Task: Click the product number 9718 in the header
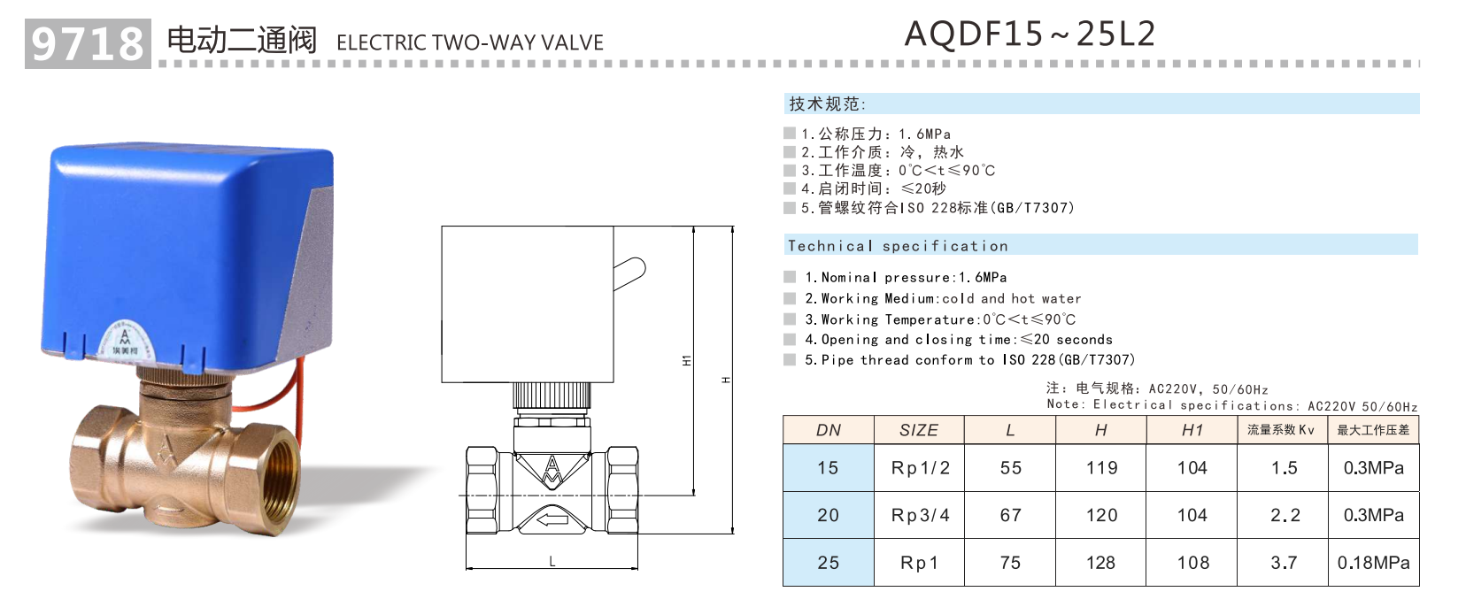click(x=87, y=43)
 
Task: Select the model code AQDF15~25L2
click(x=1030, y=35)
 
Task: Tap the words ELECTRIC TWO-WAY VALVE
click(x=469, y=42)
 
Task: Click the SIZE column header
click(x=918, y=430)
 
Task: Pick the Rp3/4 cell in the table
click(x=920, y=515)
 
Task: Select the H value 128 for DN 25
click(x=1100, y=563)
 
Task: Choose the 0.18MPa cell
click(x=1373, y=563)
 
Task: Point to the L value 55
click(x=1010, y=468)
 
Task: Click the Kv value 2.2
click(x=1285, y=515)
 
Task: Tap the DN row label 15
click(x=828, y=468)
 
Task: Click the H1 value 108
click(x=1192, y=563)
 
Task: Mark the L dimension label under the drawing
click(x=552, y=561)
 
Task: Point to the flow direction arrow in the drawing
click(x=552, y=519)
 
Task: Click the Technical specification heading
click(x=898, y=246)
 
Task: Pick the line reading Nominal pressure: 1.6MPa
click(x=905, y=278)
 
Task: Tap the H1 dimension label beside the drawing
click(x=687, y=360)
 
